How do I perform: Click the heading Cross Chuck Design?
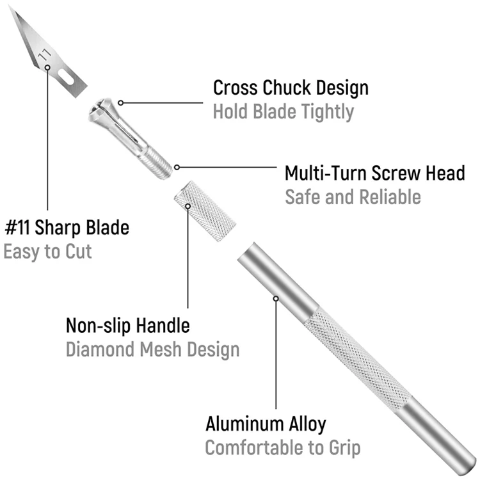(291, 87)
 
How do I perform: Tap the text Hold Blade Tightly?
(283, 112)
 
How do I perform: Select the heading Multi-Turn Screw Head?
(374, 173)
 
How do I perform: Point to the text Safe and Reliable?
(353, 196)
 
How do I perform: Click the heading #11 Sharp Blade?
(67, 227)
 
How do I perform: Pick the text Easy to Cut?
(48, 251)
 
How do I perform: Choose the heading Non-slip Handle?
(128, 325)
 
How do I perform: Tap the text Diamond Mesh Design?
(153, 349)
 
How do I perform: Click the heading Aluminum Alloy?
(266, 424)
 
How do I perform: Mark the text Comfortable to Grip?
(283, 448)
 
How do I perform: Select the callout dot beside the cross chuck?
(120, 102)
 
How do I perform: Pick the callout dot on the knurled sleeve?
(188, 206)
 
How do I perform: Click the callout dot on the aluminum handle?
(276, 298)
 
